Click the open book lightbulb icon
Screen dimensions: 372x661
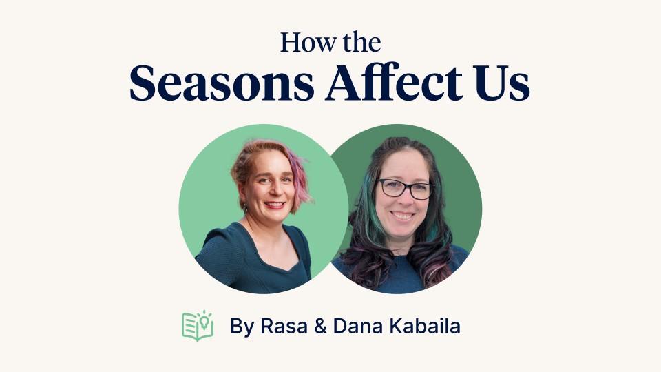click(197, 325)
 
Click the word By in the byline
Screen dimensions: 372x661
click(242, 326)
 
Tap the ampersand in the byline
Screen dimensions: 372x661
click(317, 326)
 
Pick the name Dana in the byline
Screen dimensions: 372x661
click(355, 326)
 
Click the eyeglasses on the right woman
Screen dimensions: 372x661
click(405, 188)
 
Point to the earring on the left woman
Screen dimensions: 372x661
click(244, 207)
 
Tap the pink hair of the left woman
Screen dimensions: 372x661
click(298, 172)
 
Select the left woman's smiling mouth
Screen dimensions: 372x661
click(275, 205)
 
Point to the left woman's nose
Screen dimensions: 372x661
click(275, 191)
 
